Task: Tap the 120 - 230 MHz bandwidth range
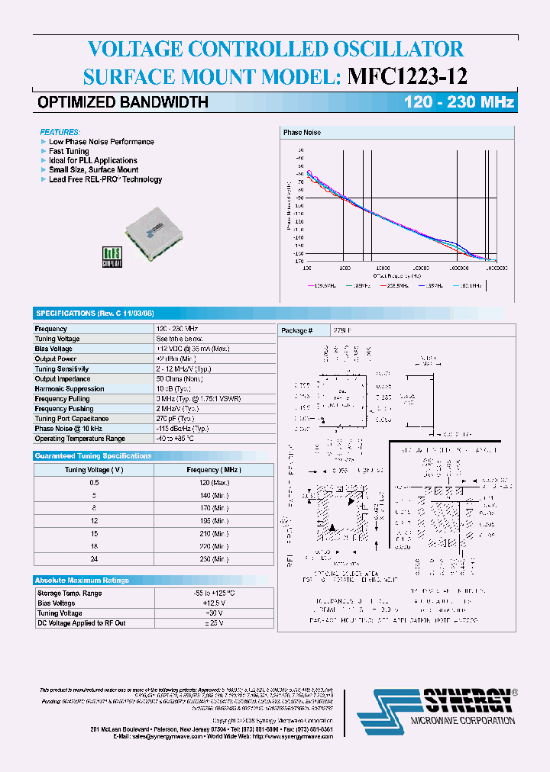coord(459,102)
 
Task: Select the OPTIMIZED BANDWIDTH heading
coord(123,102)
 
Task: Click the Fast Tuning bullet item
coord(69,151)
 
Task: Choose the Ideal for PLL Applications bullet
coord(93,160)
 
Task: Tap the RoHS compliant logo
coord(112,256)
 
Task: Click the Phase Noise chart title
coord(302,133)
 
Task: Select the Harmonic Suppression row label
coord(70,389)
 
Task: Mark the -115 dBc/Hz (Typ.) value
coord(183,429)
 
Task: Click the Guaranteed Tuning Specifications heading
coord(93,455)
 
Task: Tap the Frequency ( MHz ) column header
coord(214,470)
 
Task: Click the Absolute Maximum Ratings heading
coord(82,580)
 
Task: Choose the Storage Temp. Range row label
coord(70,593)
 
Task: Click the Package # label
coord(297,331)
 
